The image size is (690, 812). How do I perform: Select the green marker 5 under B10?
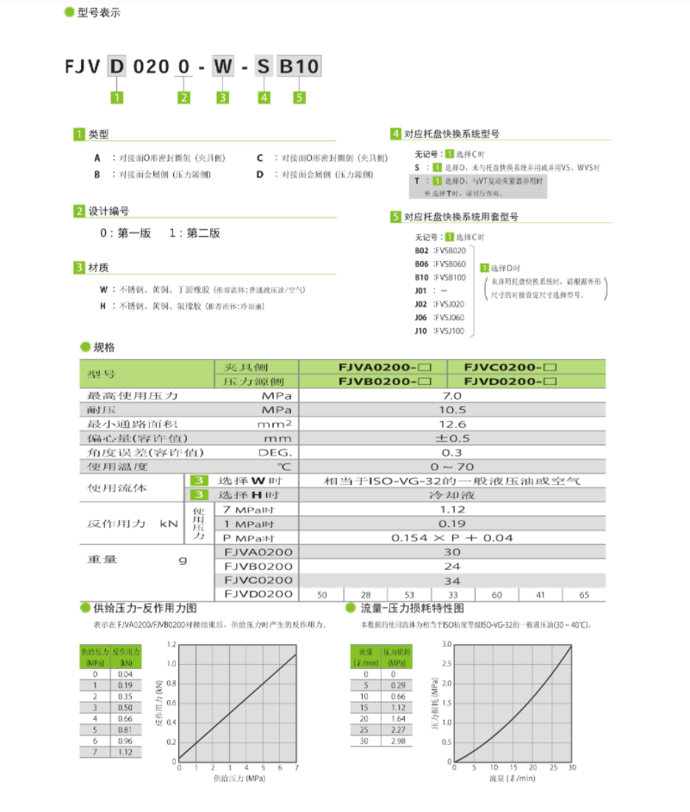[299, 97]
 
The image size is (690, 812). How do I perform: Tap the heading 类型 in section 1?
[99, 134]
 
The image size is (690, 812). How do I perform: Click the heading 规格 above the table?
[103, 347]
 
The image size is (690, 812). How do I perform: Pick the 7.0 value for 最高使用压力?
[451, 395]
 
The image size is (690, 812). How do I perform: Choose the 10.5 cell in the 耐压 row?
[451, 409]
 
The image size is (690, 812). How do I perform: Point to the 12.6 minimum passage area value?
[451, 424]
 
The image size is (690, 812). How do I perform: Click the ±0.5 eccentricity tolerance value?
[451, 437]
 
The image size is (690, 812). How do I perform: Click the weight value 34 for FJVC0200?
[451, 580]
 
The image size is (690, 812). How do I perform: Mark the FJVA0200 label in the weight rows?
[258, 552]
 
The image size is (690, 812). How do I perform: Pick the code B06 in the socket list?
[421, 263]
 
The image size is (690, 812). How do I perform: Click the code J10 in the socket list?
[421, 331]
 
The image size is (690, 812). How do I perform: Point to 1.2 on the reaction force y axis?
[171, 644]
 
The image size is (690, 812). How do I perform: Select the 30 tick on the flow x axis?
[571, 767]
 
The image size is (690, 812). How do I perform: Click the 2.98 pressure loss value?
[396, 741]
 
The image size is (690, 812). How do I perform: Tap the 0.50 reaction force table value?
[126, 706]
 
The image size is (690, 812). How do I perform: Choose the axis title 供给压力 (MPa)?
[238, 778]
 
